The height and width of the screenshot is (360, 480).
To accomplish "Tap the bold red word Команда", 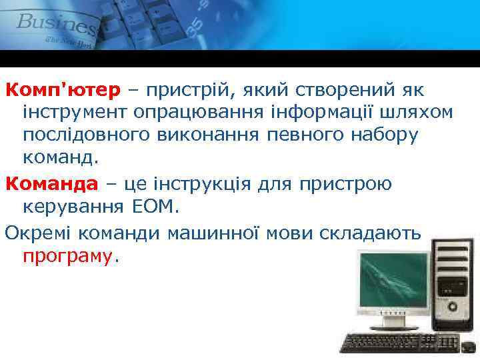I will click(51, 182).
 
